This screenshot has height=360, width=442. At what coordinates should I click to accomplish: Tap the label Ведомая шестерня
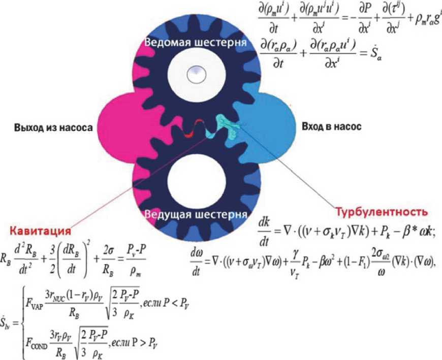[x=196, y=43]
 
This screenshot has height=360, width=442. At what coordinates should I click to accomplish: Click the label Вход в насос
[x=332, y=127]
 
